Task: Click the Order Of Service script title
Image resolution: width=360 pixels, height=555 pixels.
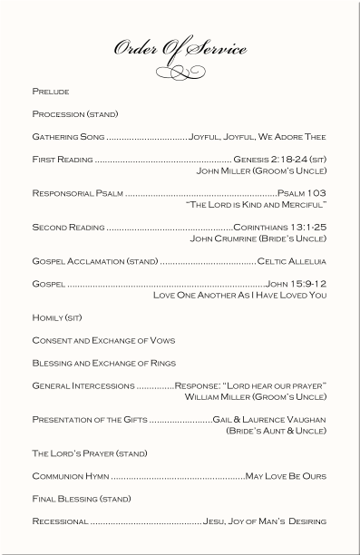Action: coord(180,49)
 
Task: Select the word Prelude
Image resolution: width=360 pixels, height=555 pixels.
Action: coord(51,92)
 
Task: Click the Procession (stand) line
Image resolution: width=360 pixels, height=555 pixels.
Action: coord(75,114)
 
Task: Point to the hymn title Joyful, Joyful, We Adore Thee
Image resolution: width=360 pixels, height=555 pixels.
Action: coord(258,137)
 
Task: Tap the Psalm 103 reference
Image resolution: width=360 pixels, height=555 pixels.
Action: coord(302,193)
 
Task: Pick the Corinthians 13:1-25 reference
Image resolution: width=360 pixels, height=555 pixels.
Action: coord(279,228)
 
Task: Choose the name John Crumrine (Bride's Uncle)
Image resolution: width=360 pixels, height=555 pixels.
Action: coord(258,239)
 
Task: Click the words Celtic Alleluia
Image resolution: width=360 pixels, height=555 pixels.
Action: coord(292,262)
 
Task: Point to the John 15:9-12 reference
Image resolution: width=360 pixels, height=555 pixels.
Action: coord(296,284)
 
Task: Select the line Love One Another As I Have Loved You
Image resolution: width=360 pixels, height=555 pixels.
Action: coord(239,295)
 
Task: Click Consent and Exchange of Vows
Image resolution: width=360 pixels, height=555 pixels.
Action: coord(103,340)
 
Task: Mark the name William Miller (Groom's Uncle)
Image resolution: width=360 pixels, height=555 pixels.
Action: coord(255,396)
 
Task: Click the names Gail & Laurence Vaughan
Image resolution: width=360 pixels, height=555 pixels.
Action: coord(269,419)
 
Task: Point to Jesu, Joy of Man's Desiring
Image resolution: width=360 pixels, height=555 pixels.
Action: coord(264,521)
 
